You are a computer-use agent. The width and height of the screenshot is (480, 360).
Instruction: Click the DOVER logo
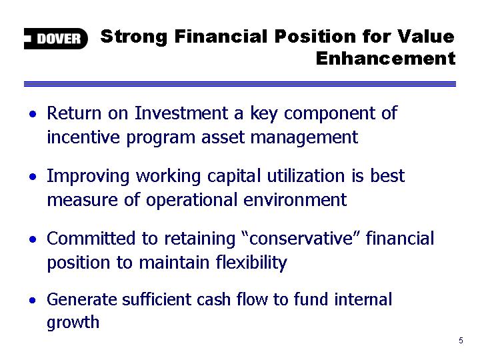tap(56, 39)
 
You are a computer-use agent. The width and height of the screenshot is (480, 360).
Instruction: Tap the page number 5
tap(461, 341)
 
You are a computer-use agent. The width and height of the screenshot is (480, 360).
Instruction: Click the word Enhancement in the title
tap(386, 58)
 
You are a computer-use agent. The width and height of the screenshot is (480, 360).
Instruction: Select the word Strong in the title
tap(134, 37)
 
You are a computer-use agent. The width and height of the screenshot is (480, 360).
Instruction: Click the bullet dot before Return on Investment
tap(33, 114)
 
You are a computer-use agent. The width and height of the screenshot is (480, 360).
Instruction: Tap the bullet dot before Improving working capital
tap(33, 177)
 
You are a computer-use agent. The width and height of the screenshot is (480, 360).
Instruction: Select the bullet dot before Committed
tap(33, 239)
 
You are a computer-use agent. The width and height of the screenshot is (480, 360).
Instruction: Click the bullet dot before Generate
tap(33, 300)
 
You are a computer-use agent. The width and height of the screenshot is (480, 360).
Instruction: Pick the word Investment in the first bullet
tap(181, 113)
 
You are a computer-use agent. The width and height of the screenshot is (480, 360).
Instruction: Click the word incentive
tap(83, 137)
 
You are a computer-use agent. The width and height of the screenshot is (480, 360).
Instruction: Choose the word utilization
tap(306, 176)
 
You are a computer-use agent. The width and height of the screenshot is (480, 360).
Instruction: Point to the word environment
tap(295, 200)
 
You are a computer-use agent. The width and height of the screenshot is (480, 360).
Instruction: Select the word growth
tap(73, 323)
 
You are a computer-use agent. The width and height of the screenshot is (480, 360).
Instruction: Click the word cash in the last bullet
tap(213, 299)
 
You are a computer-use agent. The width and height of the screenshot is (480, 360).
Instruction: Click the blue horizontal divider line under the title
tap(240, 84)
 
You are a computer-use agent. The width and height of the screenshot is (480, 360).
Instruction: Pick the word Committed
tap(91, 238)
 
